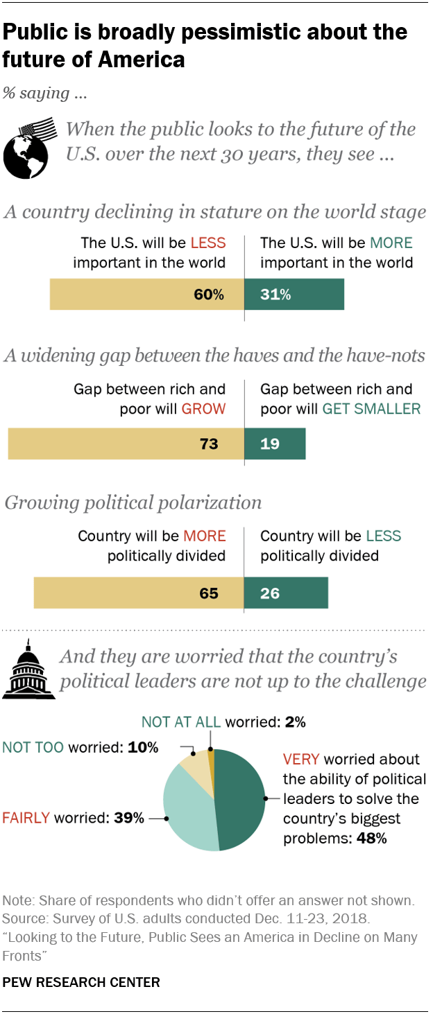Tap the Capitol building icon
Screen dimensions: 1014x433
tap(28, 670)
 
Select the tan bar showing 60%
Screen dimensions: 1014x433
tap(146, 295)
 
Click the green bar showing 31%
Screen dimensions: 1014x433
tap(294, 295)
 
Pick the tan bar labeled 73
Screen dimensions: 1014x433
tap(126, 444)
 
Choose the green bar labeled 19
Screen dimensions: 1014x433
tap(275, 444)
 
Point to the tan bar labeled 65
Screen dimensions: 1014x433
tap(139, 593)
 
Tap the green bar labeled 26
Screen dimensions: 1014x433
tap(286, 593)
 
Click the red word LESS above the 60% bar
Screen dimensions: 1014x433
tap(207, 243)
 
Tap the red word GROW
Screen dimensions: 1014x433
tap(203, 408)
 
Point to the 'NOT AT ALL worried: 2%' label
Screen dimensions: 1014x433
tap(223, 722)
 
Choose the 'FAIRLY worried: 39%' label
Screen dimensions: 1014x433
tap(74, 818)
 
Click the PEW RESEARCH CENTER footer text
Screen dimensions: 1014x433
tap(81, 982)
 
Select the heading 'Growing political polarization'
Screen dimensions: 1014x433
tap(133, 502)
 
